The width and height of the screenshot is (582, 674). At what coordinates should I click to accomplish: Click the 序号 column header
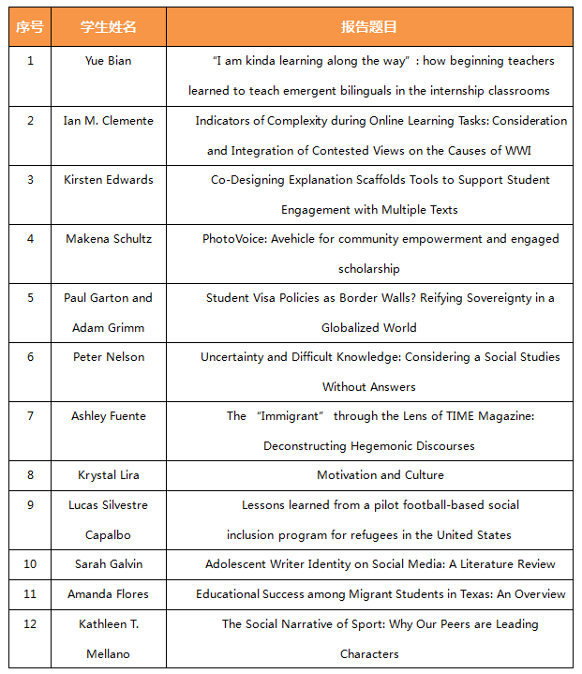(30, 27)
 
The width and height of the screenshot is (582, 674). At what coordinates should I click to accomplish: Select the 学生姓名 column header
(108, 27)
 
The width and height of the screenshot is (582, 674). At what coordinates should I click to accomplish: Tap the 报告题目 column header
(369, 27)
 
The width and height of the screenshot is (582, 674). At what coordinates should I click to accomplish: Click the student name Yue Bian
(108, 61)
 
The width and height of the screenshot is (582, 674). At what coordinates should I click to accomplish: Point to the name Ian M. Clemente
(108, 121)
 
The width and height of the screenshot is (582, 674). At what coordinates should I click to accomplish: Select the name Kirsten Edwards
(108, 180)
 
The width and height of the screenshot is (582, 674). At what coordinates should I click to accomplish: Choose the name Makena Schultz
(108, 239)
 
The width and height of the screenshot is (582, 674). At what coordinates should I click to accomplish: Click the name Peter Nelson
(108, 357)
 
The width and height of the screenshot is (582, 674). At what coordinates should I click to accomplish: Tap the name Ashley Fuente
(108, 416)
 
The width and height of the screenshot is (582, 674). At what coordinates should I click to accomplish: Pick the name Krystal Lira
(108, 475)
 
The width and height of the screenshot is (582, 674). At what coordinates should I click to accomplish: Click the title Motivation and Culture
(380, 475)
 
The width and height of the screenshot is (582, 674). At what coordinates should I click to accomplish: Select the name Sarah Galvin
(108, 564)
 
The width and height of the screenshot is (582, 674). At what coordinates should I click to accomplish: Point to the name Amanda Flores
(108, 594)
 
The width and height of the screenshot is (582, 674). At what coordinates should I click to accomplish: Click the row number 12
(30, 624)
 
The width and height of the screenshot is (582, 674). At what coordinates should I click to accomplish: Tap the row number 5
(30, 298)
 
